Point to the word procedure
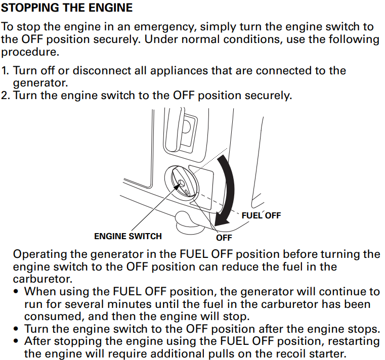27,52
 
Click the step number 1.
5,70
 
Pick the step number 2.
5,95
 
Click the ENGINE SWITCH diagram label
127,236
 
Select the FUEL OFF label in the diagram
261,215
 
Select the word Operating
40,254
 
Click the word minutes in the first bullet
127,304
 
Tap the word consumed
51,317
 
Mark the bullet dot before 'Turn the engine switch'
17,329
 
